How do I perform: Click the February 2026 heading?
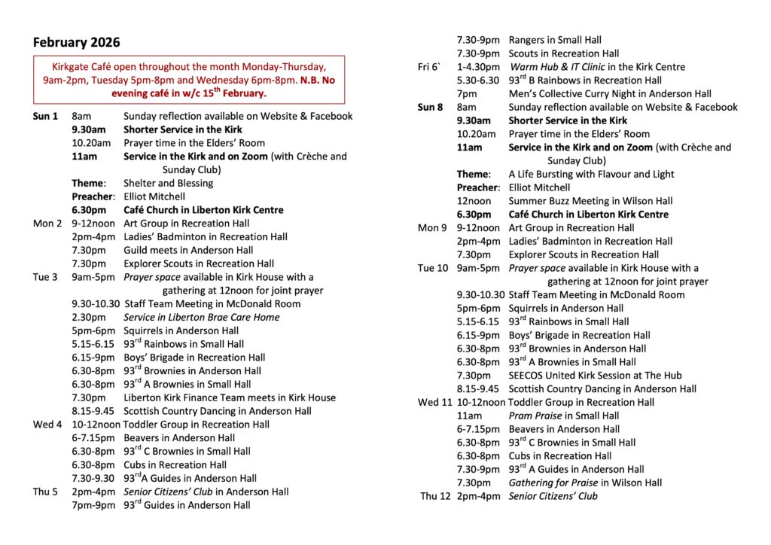coord(76,42)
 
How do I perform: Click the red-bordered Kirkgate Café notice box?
coord(188,79)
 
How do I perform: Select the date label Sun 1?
coord(45,116)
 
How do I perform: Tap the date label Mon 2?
coord(47,224)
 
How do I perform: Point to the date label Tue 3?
coord(45,277)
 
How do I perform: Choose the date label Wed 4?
coord(47,425)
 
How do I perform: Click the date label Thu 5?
coord(45,492)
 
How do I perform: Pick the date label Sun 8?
coord(431,107)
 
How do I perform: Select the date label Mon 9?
coord(432,228)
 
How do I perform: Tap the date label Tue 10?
coord(433,268)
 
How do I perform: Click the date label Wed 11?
coord(435,402)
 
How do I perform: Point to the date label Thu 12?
coord(435,496)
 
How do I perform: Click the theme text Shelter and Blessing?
coord(168,183)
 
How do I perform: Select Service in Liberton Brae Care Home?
coord(202,318)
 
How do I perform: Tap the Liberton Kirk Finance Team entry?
coord(230,397)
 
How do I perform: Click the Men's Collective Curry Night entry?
coord(610,94)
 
